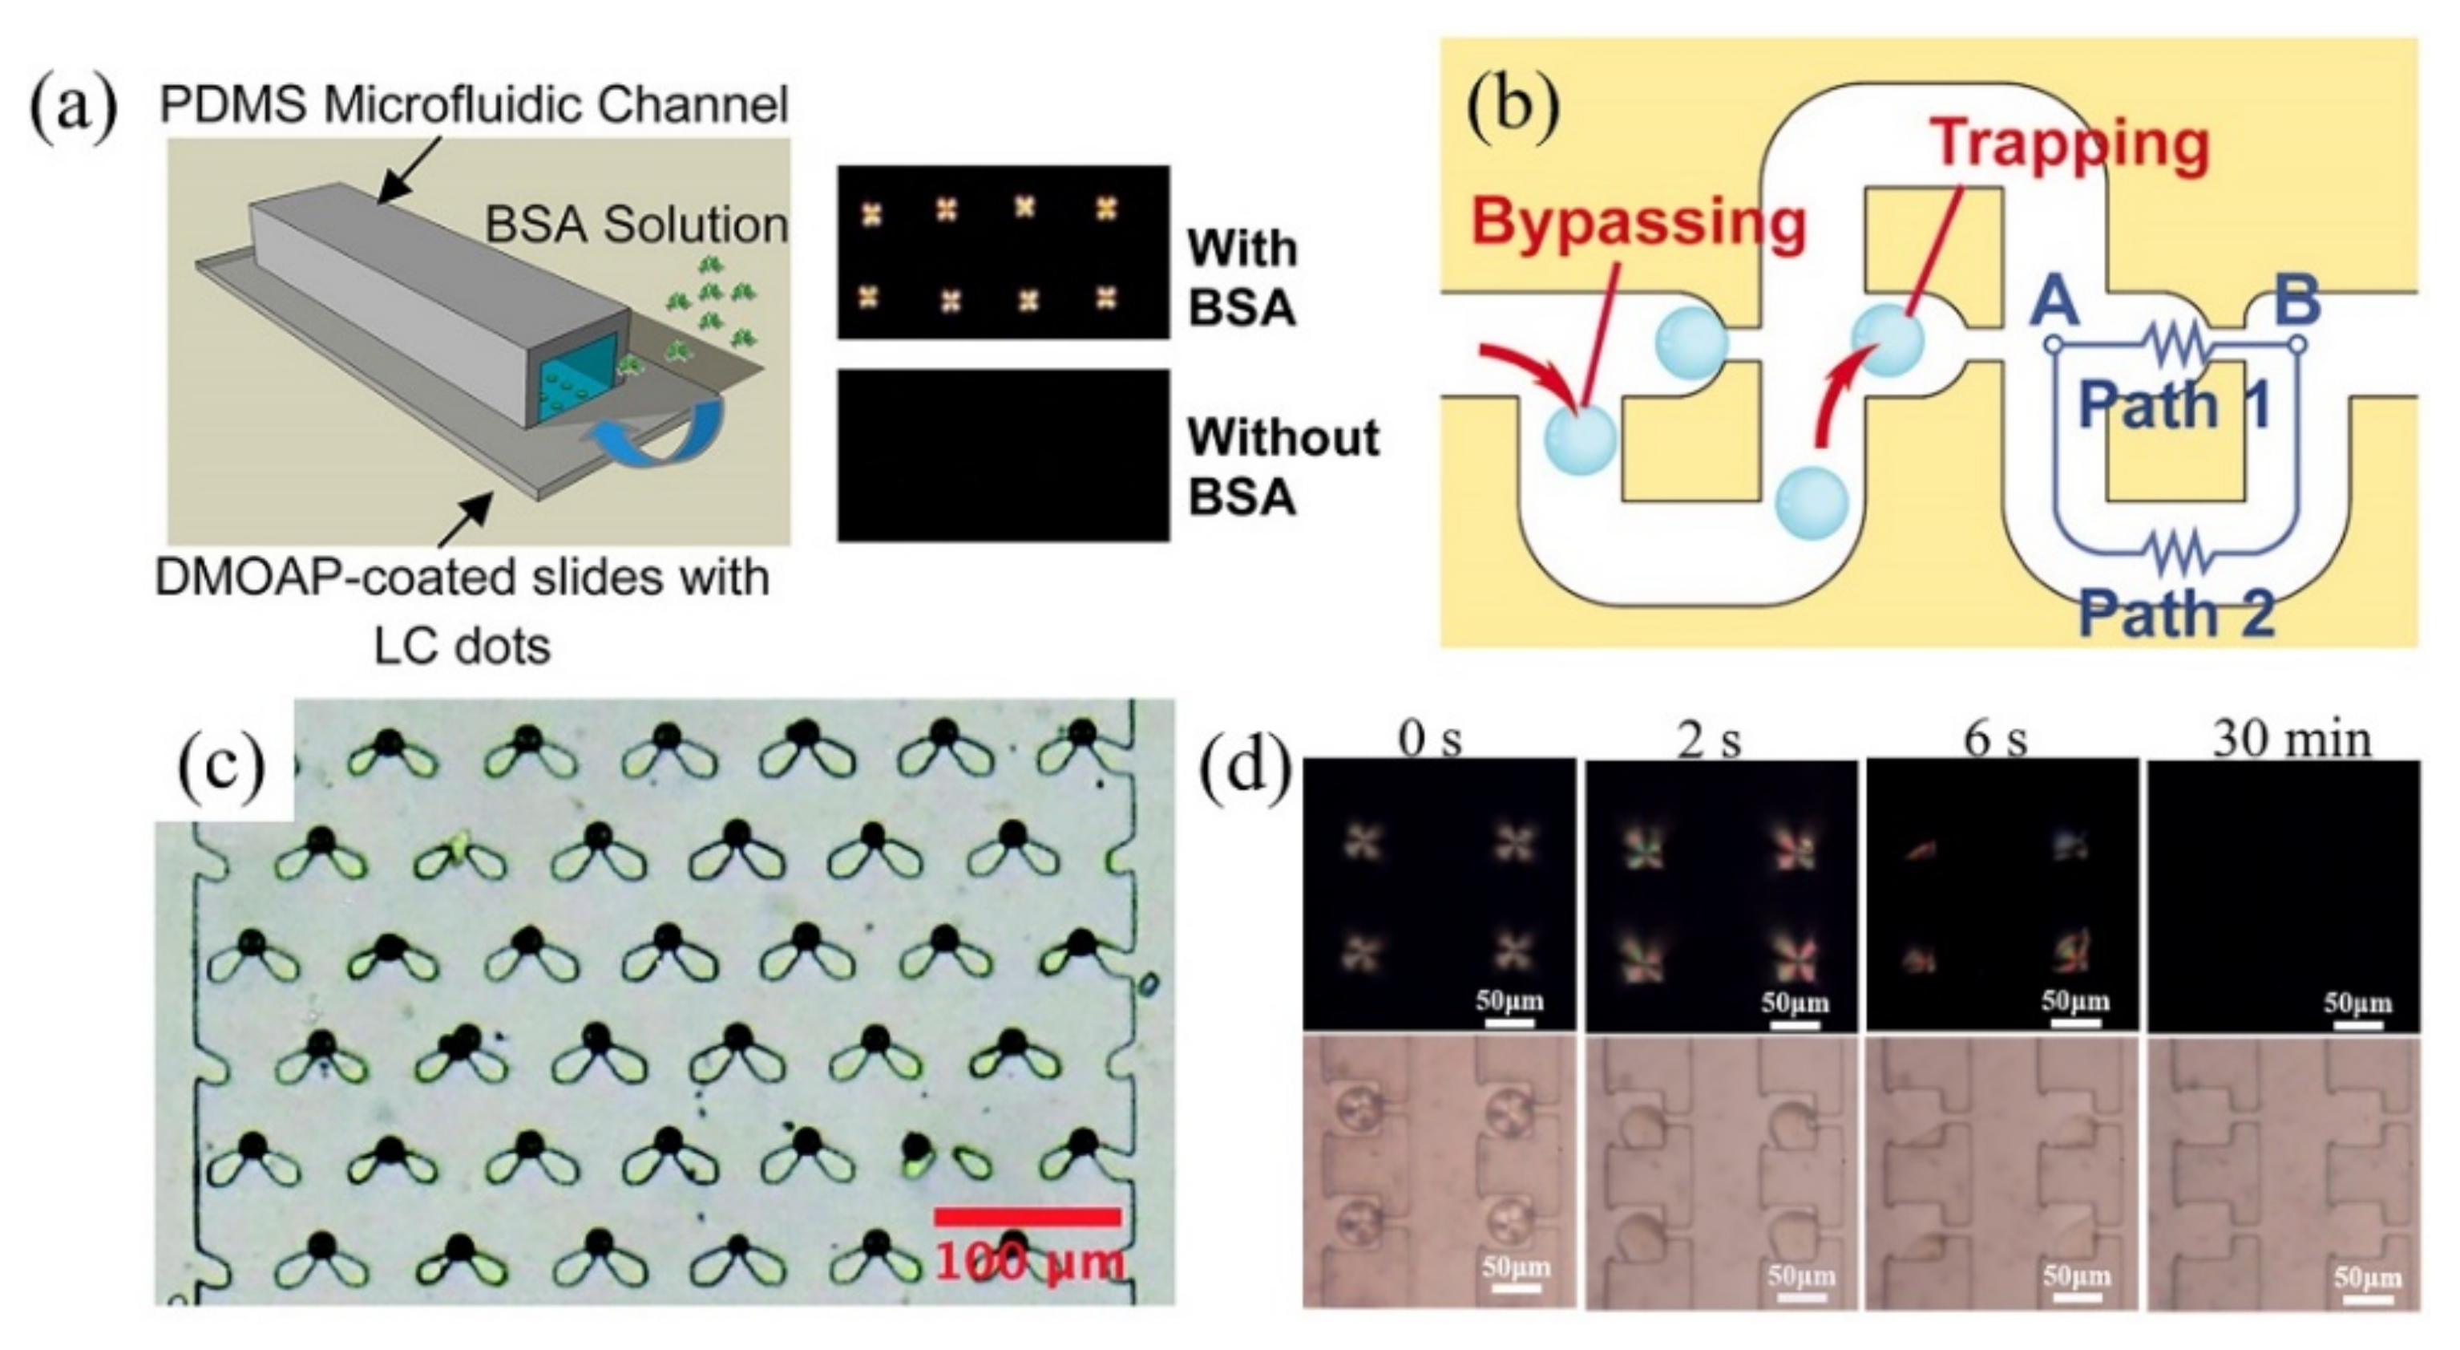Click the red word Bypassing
[x=1638, y=221]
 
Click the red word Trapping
[x=2070, y=144]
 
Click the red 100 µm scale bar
[x=1027, y=1216]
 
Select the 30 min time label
[x=2292, y=739]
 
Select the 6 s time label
[x=1996, y=739]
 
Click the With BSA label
[x=1242, y=278]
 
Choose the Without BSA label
[x=1283, y=467]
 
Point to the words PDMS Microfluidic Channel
[x=474, y=104]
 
